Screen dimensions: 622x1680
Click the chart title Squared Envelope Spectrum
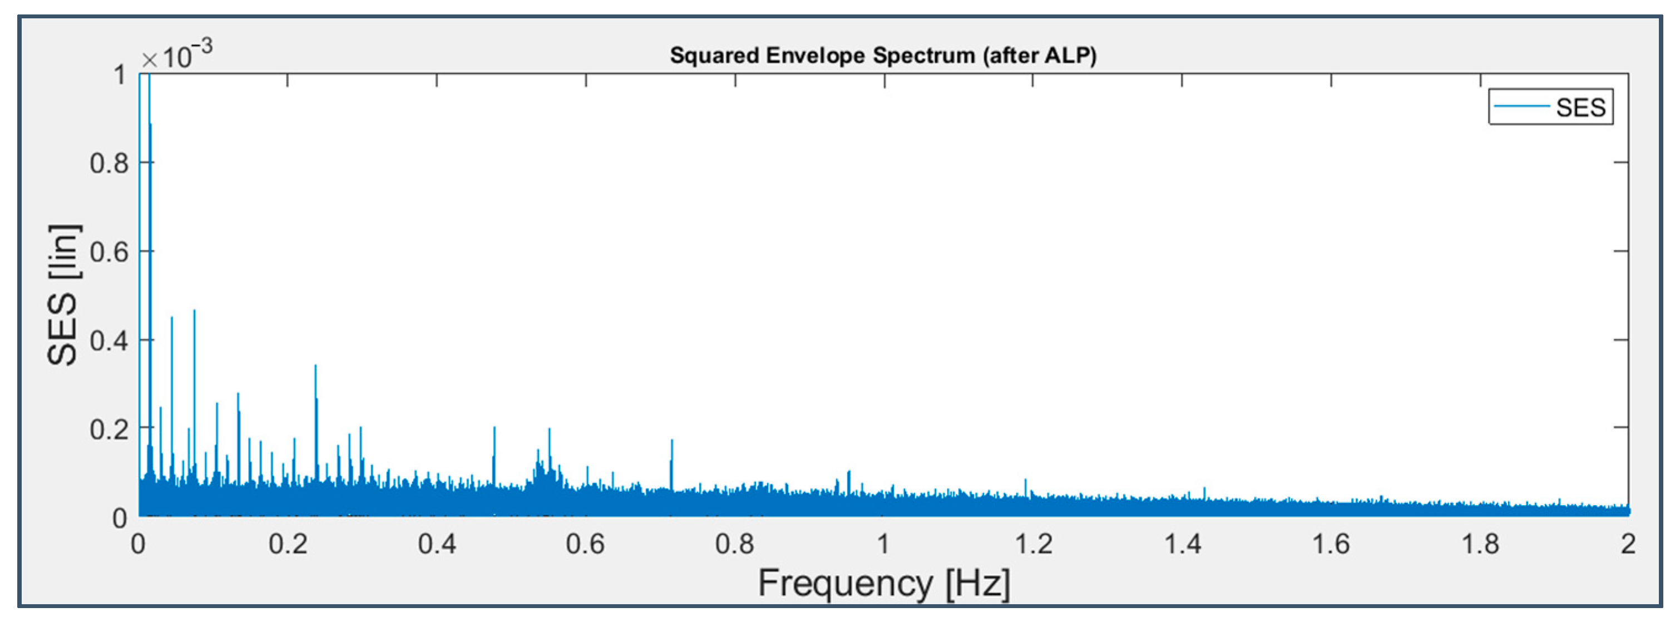(883, 56)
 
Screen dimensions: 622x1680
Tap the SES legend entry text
(1580, 107)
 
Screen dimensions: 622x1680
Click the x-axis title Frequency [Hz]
(884, 582)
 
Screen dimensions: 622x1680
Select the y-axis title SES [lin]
(63, 295)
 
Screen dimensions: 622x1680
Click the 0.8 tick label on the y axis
(109, 163)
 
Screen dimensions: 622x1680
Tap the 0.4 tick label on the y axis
(109, 340)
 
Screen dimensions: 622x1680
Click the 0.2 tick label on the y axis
(109, 429)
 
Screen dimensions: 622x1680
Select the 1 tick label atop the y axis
(120, 75)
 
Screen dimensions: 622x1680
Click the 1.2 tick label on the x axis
(1033, 544)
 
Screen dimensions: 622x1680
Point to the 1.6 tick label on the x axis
(1331, 544)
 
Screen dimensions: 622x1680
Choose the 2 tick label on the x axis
(1628, 544)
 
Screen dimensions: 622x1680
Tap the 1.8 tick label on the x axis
(1480, 544)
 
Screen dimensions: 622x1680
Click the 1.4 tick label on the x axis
(1182, 544)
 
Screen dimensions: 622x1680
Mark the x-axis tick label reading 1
(884, 544)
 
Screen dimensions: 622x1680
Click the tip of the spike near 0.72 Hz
(672, 441)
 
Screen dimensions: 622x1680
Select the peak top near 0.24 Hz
(315, 366)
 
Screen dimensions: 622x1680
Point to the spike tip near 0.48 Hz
(495, 428)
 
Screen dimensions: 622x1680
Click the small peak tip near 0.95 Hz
(848, 471)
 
